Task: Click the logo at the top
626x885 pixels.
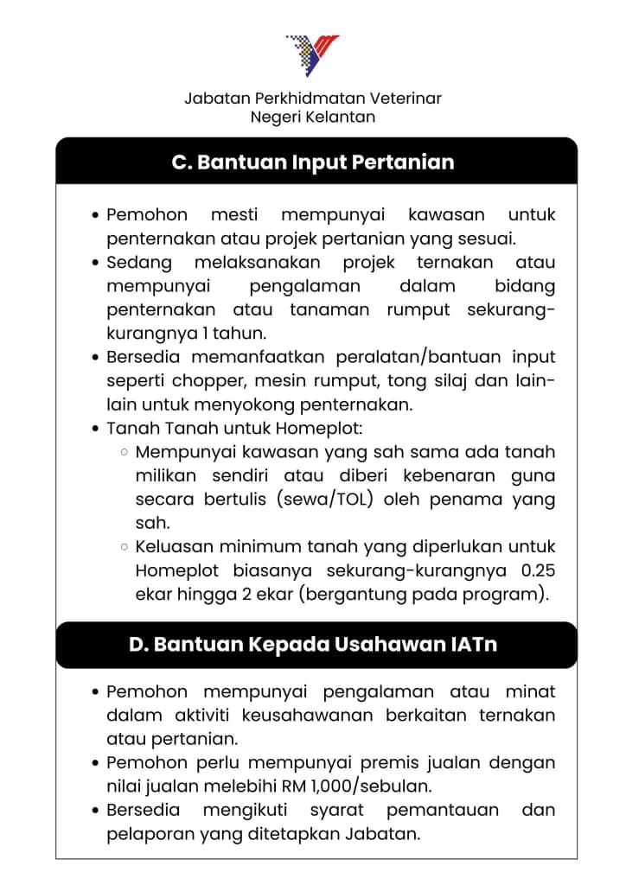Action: click(x=313, y=55)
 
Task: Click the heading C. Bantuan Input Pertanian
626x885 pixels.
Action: click(x=313, y=162)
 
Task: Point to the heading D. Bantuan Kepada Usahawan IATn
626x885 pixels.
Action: click(x=313, y=645)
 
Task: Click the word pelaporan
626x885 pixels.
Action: click(x=142, y=835)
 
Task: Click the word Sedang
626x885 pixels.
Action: click(x=139, y=262)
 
